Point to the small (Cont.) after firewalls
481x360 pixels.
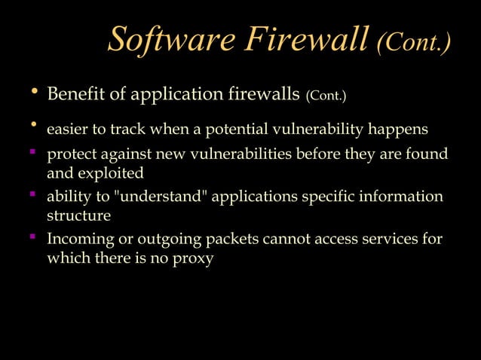click(326, 96)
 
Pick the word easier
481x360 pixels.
click(67, 130)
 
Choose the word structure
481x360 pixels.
click(78, 215)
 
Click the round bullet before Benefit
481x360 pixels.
click(32, 92)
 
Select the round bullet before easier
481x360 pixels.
click(32, 125)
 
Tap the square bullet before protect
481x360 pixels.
click(33, 154)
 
